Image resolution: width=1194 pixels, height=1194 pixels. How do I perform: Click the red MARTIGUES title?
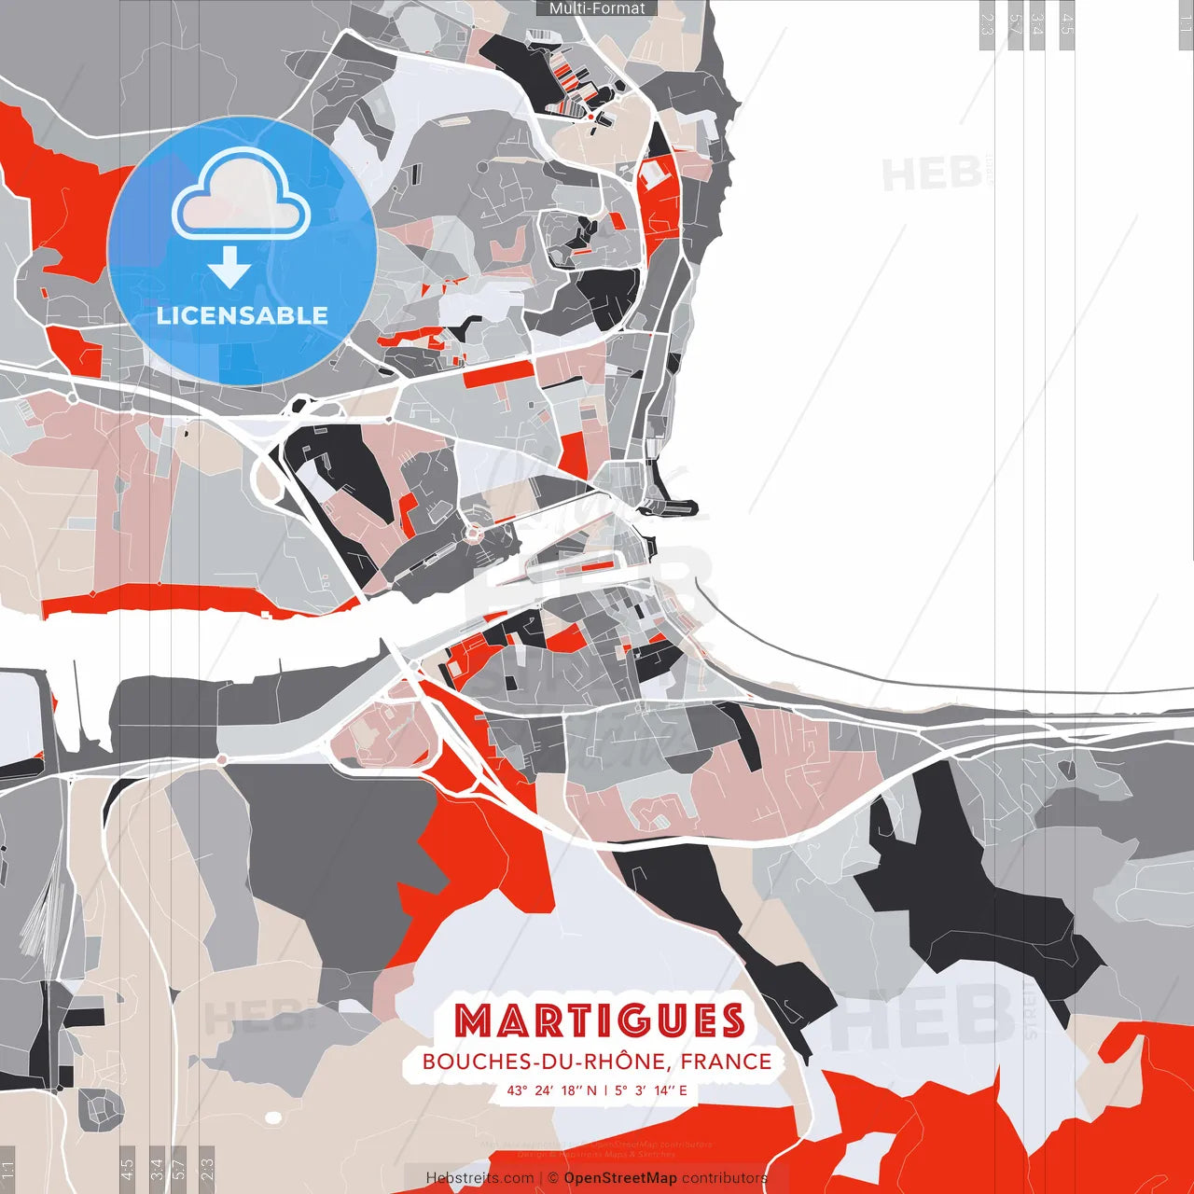pyautogui.click(x=601, y=1020)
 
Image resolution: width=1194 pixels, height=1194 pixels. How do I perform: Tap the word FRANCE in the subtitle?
pyautogui.click(x=726, y=1062)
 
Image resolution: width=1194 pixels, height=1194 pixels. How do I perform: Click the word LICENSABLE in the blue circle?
pyautogui.click(x=243, y=315)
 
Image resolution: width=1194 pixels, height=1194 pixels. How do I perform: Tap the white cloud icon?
pyautogui.click(x=242, y=193)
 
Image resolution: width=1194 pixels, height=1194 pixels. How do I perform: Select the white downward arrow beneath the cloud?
pyautogui.click(x=229, y=269)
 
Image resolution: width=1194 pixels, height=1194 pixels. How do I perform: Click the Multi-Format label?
pyautogui.click(x=597, y=8)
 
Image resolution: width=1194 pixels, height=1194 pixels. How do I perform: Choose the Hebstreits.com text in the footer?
pyautogui.click(x=479, y=1178)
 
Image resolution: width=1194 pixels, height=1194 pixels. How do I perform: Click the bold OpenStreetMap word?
pyautogui.click(x=620, y=1178)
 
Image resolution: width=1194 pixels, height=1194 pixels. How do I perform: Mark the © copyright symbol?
pyautogui.click(x=553, y=1178)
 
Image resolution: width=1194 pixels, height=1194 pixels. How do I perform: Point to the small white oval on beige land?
pyautogui.click(x=273, y=1117)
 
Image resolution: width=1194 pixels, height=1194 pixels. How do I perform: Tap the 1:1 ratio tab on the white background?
pyautogui.click(x=1185, y=23)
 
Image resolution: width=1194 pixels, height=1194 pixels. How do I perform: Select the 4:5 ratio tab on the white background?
pyautogui.click(x=1067, y=23)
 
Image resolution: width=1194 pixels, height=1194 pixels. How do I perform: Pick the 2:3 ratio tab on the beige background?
pyautogui.click(x=207, y=1166)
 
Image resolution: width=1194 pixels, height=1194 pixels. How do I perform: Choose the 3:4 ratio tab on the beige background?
pyautogui.click(x=157, y=1166)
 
